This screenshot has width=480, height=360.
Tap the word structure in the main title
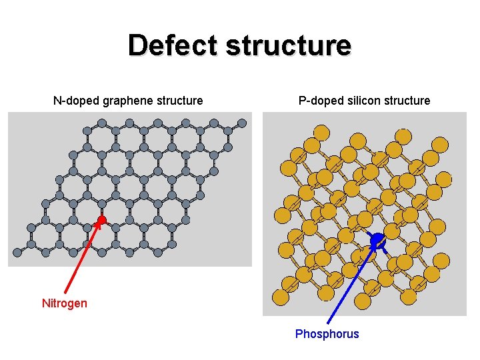289,45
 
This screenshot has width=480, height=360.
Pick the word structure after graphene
180,101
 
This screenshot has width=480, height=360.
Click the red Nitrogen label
64,303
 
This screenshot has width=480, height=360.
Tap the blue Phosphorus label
327,334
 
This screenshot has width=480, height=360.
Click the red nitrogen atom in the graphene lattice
101,219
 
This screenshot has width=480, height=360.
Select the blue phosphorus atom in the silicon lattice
377,239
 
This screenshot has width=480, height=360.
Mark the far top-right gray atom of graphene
242,123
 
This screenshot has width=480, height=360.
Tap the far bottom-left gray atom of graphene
17,252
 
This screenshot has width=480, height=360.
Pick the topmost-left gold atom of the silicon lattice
321,131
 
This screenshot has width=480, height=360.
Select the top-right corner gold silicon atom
440,144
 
